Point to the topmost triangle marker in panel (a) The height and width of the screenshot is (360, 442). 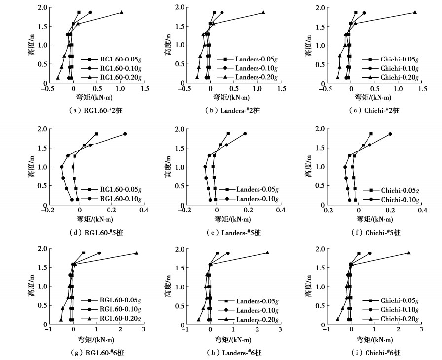[121, 12]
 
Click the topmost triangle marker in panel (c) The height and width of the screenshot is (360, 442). [415, 12]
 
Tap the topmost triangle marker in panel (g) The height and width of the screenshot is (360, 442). [136, 253]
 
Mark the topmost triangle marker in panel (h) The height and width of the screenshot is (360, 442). [267, 252]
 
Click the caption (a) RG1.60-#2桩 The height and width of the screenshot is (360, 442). [98, 110]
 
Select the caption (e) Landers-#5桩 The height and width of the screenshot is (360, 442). [233, 232]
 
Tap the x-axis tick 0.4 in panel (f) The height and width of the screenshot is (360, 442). [422, 210]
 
